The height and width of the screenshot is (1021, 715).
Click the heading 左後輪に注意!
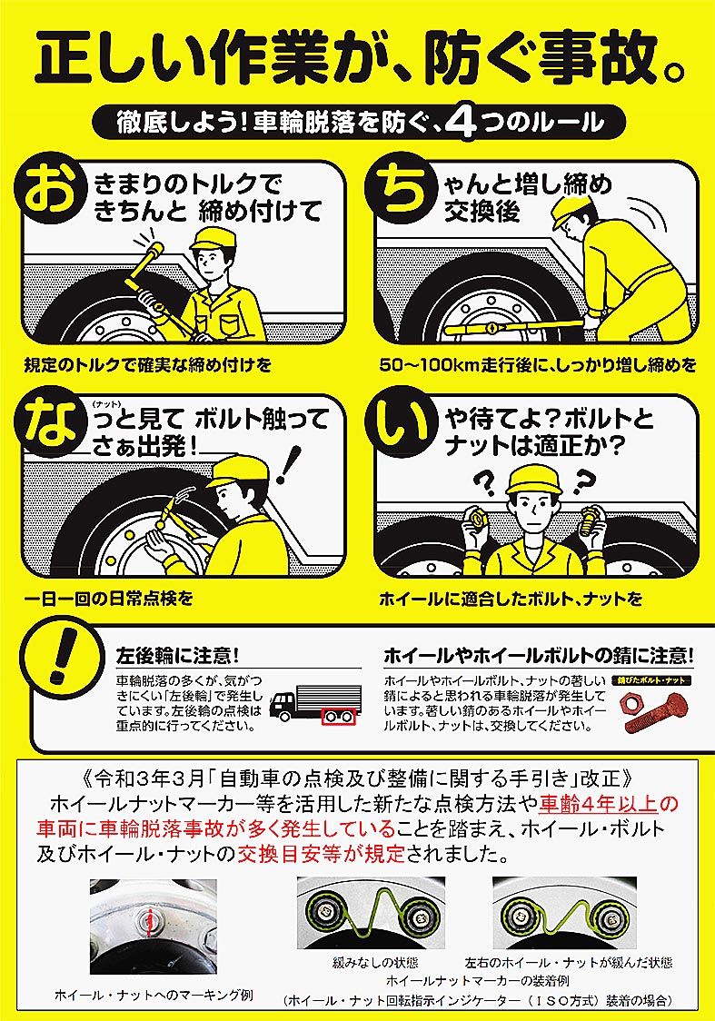(177, 654)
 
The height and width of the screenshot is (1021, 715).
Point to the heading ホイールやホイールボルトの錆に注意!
(538, 654)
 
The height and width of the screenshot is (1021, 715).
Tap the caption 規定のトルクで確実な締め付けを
(148, 364)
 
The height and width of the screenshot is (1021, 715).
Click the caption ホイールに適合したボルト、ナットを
(511, 598)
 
